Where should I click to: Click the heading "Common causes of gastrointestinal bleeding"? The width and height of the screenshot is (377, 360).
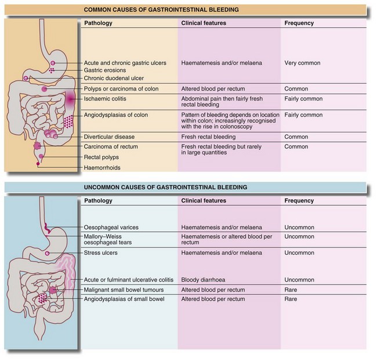click(x=186, y=9)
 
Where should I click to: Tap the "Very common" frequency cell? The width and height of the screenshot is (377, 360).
click(x=303, y=62)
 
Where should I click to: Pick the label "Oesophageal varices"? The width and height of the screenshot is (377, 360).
click(x=113, y=226)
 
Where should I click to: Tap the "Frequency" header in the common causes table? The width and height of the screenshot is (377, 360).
click(x=299, y=23)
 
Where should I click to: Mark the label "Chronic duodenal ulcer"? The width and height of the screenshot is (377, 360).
click(x=114, y=78)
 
